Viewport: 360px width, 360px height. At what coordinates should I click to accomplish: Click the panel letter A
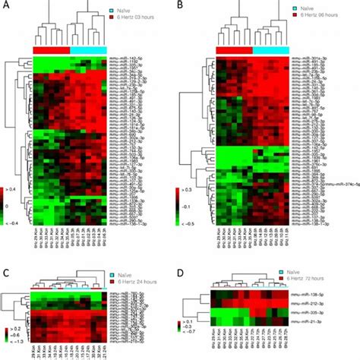(5, 6)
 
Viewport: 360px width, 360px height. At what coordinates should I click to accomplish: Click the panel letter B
(182, 6)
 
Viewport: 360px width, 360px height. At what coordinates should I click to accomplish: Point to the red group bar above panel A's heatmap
(51, 49)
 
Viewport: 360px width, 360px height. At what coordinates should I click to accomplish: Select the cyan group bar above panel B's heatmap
(271, 49)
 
